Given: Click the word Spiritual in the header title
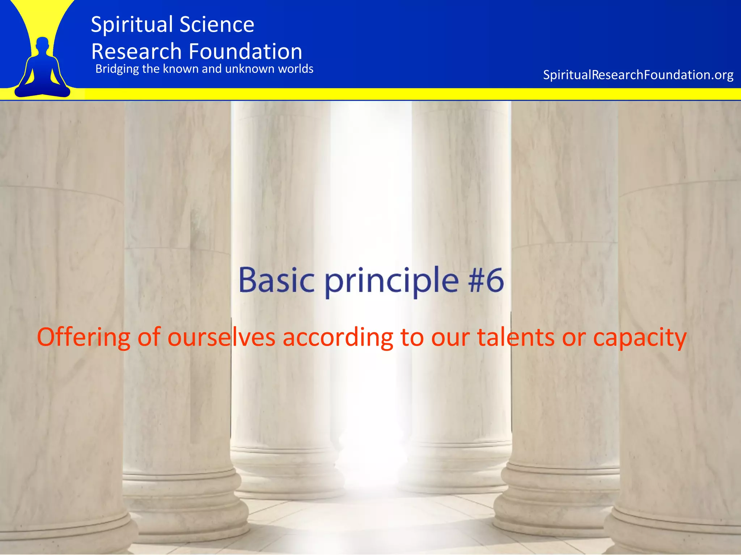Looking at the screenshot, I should coord(132,25).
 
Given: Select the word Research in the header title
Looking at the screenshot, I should coord(136,51).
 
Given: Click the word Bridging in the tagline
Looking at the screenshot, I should coord(117,69).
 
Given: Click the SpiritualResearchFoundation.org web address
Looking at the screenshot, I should coord(638,75).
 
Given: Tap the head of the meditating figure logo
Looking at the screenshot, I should coord(43,44).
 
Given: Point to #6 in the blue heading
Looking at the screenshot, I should coord(486,280).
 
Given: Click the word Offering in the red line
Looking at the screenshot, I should coord(83,337).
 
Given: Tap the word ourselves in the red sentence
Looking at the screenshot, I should coord(221,337).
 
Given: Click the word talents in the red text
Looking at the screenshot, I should coord(516,337).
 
